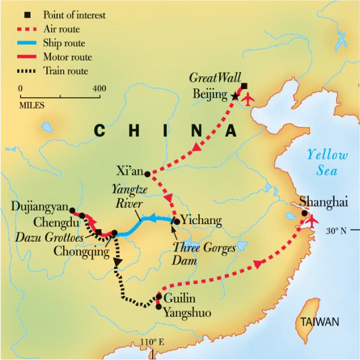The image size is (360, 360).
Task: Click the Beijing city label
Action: click(210, 95)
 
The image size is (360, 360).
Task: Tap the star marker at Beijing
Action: click(235, 96)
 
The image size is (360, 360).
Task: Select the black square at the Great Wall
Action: click(244, 86)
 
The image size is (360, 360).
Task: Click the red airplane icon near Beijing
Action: click(248, 99)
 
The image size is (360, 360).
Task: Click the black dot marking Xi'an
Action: click(147, 174)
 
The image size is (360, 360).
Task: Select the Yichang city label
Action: click(201, 220)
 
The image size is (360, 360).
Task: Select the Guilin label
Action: click(176, 297)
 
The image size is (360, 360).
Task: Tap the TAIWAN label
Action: click(320, 322)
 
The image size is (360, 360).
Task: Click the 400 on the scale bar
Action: click(99, 89)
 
